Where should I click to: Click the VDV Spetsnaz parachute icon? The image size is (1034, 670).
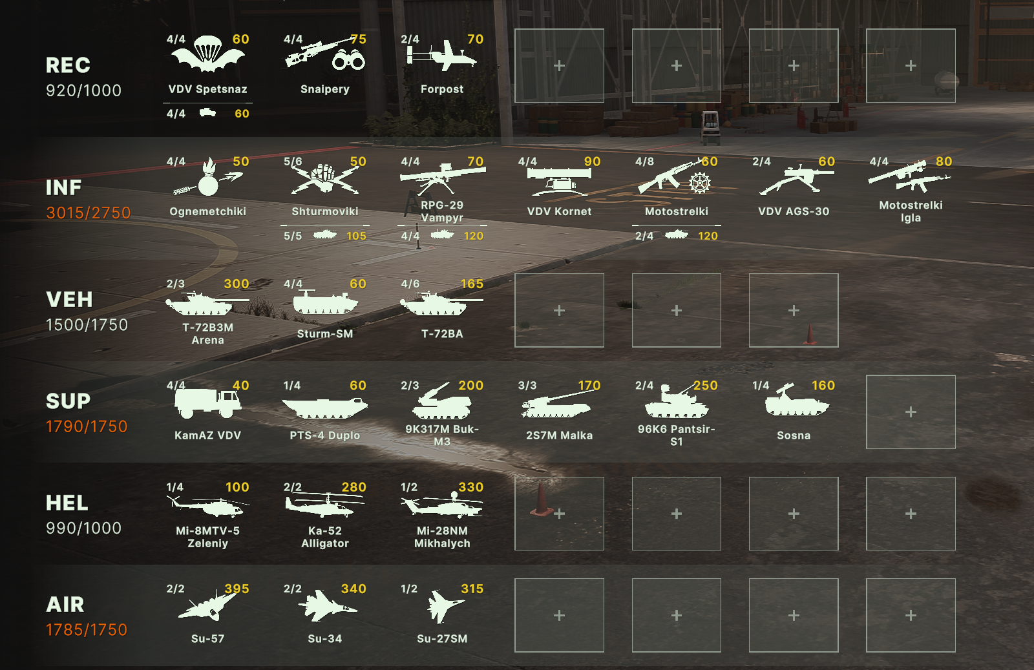pos(207,54)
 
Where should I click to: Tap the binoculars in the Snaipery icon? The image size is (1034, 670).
pos(348,60)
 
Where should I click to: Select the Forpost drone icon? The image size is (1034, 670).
pos(442,56)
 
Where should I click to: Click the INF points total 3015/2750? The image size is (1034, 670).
pos(88,213)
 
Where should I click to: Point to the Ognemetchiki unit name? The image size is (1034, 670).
pos(207,211)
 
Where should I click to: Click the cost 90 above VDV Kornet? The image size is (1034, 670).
pos(592,162)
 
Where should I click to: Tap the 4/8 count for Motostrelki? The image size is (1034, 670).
pos(644,162)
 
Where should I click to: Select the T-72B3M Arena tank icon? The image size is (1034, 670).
pos(207,304)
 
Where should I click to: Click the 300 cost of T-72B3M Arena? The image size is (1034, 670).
pos(237,284)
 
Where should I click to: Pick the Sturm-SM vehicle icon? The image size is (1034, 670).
pos(325,302)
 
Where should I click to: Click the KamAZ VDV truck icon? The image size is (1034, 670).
pos(207,403)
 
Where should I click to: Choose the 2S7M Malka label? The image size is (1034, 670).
pos(559,435)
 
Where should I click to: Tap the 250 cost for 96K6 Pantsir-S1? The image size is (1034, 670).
pos(705,385)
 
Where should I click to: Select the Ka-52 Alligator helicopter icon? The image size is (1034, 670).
pos(325,506)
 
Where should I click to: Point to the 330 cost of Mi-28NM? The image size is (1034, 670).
pos(471,487)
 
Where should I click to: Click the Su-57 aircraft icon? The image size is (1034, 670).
pos(207,606)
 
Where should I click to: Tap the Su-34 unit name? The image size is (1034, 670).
pos(325,638)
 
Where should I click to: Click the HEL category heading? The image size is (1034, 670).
pos(67,503)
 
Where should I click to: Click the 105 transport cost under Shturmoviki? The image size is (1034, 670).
pos(356,236)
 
